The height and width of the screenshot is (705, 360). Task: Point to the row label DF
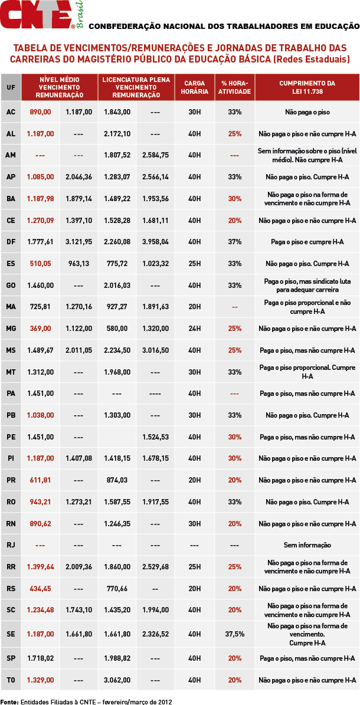coord(11,242)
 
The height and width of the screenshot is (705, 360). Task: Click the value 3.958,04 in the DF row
coord(155,242)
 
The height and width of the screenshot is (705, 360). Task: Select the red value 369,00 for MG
coord(40,329)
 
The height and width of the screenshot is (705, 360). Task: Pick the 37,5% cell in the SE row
coord(235,634)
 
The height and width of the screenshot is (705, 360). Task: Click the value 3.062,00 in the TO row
coord(117,680)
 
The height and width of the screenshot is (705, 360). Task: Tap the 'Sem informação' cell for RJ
coord(307,545)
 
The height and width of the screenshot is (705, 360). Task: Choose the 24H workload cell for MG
coord(195,329)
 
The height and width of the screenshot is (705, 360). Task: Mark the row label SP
coord(11,658)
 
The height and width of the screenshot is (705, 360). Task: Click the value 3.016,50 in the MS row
coord(155,350)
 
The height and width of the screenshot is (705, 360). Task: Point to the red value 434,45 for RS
coord(40,589)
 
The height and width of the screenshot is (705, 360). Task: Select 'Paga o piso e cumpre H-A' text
coord(307,242)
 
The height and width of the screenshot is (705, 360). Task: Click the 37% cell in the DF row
coord(235,242)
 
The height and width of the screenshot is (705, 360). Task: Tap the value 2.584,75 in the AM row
coord(155,155)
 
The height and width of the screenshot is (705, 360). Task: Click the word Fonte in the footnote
coord(9,702)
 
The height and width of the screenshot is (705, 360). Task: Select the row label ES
coord(11,264)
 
